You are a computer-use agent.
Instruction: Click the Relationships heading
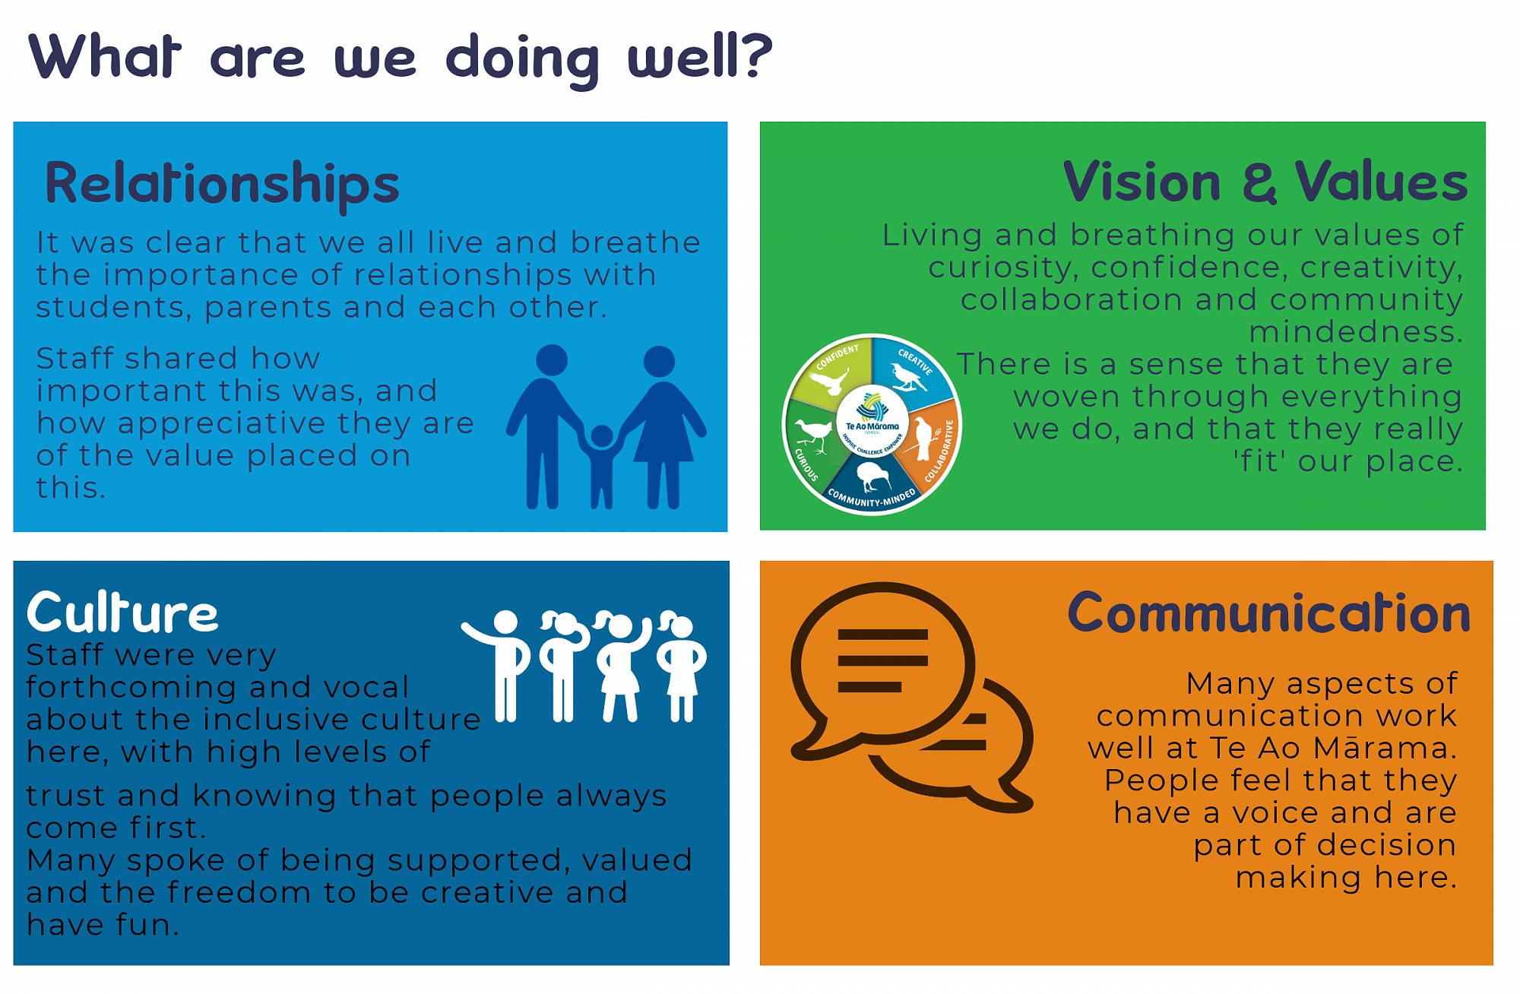(222, 184)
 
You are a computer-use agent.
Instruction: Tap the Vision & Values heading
(1265, 182)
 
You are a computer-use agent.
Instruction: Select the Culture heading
(122, 613)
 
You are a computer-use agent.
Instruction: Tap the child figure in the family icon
(602, 466)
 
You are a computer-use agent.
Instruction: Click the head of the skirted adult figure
(659, 361)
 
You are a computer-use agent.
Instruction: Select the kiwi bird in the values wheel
(872, 476)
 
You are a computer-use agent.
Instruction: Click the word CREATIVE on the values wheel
(915, 361)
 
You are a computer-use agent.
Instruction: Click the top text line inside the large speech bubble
(882, 635)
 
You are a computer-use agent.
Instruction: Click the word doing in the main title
(523, 59)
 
